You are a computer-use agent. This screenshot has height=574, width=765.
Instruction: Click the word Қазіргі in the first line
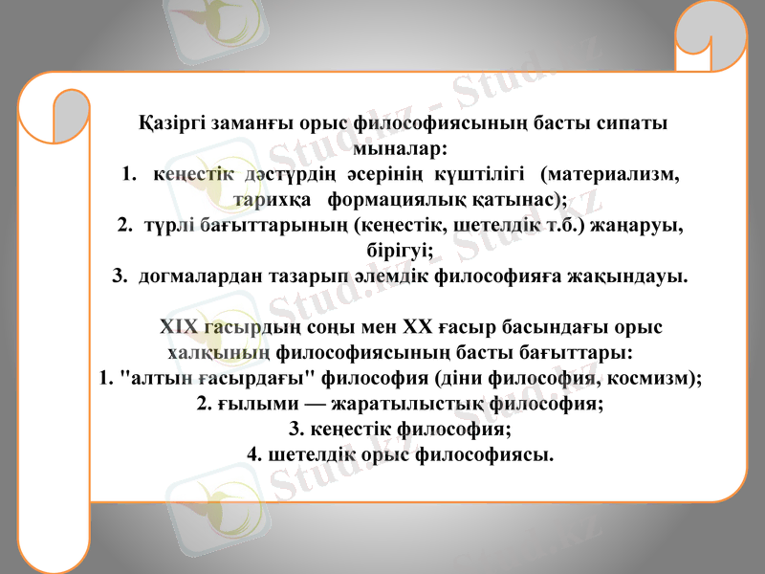170,124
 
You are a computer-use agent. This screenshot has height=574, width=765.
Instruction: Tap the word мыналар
399,150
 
